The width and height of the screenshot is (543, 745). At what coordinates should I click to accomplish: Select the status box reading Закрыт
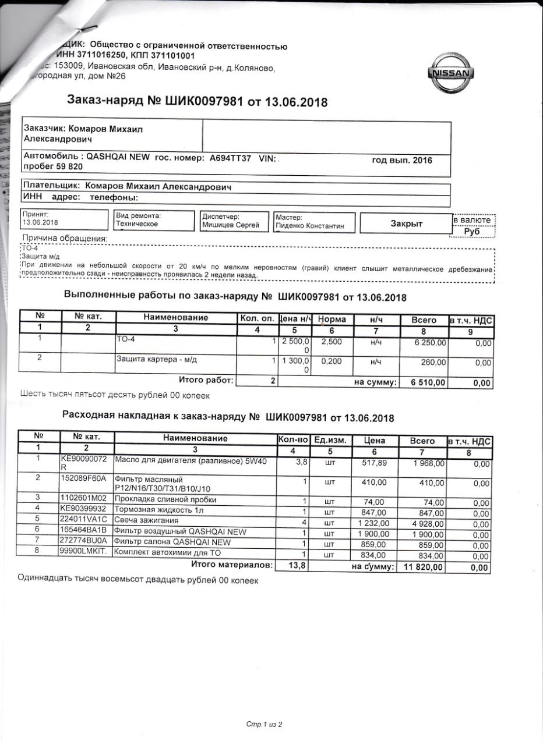[x=406, y=223]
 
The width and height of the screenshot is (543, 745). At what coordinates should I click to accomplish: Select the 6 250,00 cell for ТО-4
[x=429, y=343]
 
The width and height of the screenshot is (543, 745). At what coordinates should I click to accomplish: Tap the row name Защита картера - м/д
[x=157, y=360]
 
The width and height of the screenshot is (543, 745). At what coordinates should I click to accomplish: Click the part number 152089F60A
[x=83, y=478]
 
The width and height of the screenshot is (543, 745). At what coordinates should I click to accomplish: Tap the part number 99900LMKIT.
[x=84, y=551]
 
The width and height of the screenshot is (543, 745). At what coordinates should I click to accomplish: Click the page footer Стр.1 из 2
[x=264, y=725]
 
